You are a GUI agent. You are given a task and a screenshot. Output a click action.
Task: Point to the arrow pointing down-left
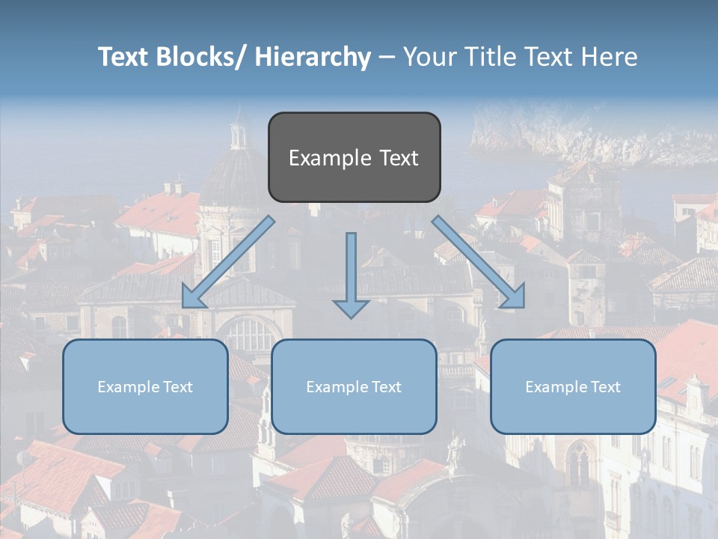[229, 261]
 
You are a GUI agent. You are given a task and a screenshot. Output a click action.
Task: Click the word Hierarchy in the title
[313, 57]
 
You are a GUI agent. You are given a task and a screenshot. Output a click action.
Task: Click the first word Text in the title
[124, 57]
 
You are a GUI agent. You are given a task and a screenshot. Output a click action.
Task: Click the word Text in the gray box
[398, 158]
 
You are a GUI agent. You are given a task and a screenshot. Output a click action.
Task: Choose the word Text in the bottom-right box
[604, 387]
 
